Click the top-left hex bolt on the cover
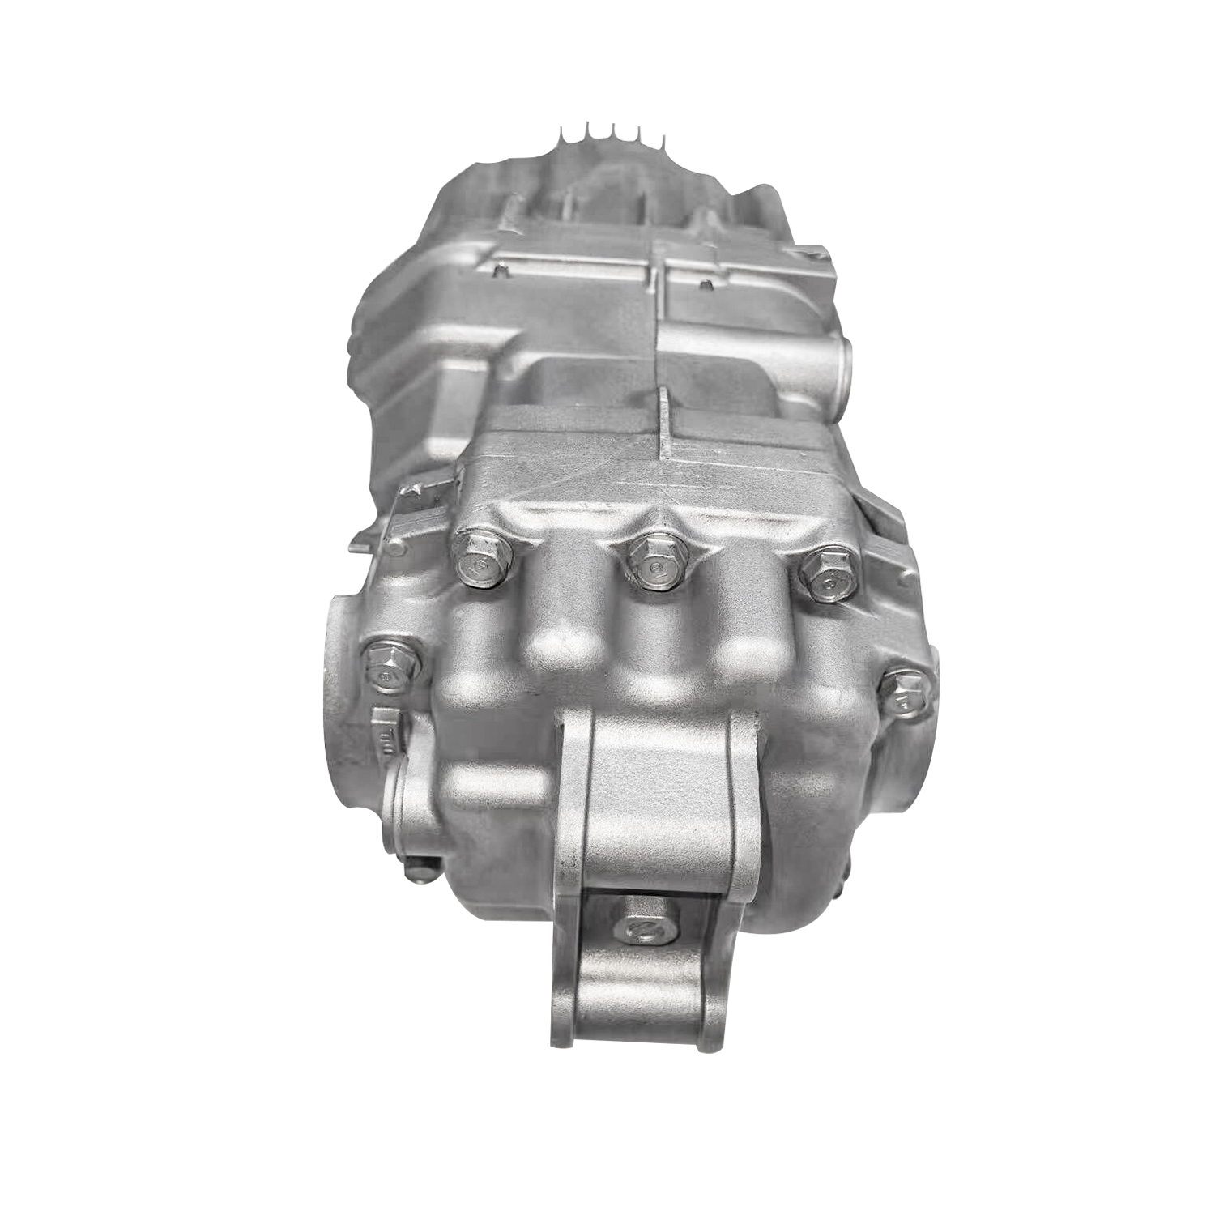[x=484, y=561]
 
